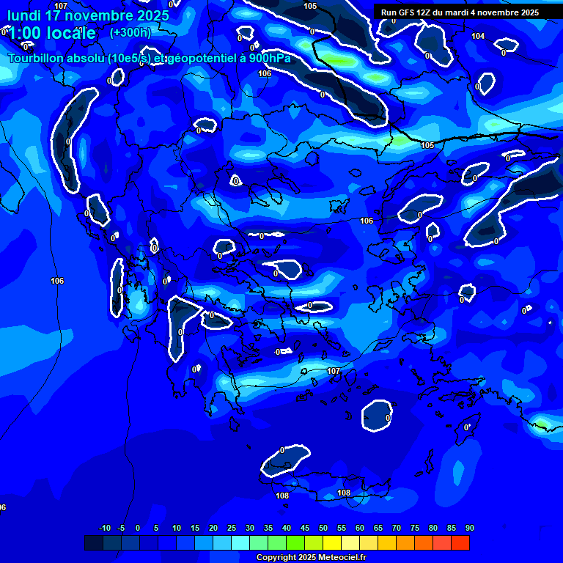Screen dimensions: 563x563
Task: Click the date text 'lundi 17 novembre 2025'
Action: pyautogui.click(x=88, y=15)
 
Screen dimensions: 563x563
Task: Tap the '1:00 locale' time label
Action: pyautogui.click(x=52, y=33)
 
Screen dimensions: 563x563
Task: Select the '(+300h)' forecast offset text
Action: pyautogui.click(x=130, y=32)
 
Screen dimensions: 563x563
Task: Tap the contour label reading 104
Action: pyautogui.click(x=478, y=36)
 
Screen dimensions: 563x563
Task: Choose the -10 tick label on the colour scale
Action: pyautogui.click(x=104, y=528)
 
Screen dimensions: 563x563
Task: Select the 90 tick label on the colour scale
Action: pyautogui.click(x=469, y=528)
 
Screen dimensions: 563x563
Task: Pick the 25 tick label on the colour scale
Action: pyautogui.click(x=232, y=528)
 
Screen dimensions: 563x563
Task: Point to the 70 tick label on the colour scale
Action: pyautogui.click(x=397, y=528)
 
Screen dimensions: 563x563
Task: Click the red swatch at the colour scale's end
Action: pyautogui.click(x=460, y=542)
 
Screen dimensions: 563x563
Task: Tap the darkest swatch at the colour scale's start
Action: pyautogui.click(x=94, y=542)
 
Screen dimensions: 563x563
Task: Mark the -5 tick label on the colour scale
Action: pyautogui.click(x=122, y=528)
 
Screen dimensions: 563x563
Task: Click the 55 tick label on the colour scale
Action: pyautogui.click(x=342, y=528)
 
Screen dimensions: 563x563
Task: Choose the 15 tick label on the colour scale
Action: pyautogui.click(x=195, y=528)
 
